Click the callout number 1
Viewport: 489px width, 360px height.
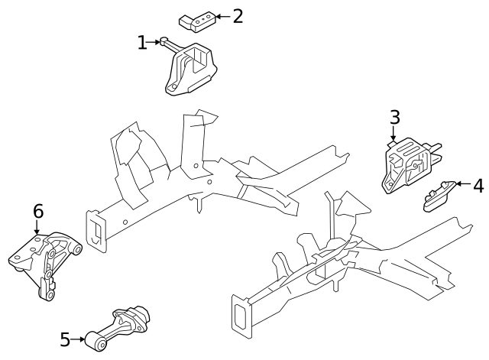pos(142,43)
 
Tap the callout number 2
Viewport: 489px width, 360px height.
pos(237,15)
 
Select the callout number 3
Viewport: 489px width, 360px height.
pos(394,117)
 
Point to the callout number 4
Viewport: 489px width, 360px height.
pos(478,185)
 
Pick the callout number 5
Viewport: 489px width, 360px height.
pos(65,339)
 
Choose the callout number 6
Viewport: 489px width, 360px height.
pos(37,211)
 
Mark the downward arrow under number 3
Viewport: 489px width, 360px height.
pos(394,136)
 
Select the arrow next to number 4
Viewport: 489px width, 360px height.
pos(461,184)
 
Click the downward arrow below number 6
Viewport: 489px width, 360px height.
pos(37,229)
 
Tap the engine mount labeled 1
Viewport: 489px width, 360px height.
pos(190,73)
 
